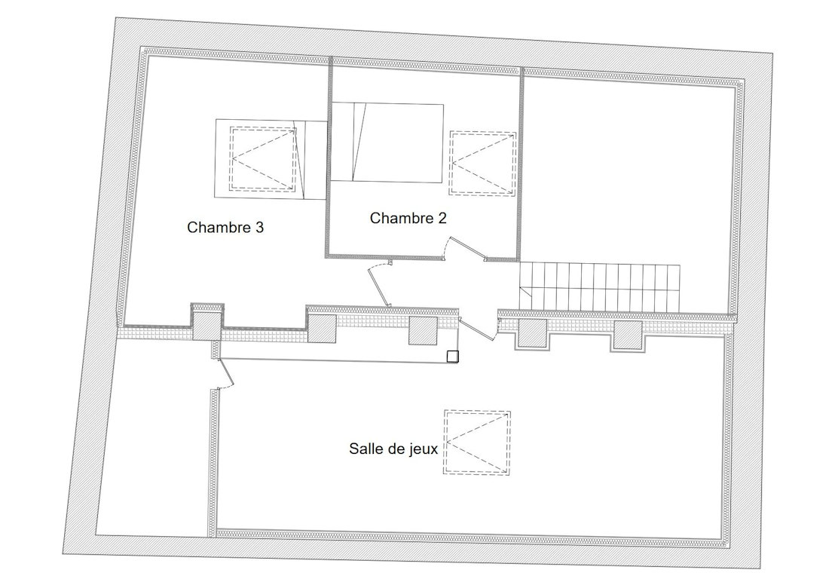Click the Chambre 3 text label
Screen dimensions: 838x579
225,227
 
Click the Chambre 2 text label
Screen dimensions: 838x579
408,218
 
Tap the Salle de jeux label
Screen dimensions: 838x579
393,449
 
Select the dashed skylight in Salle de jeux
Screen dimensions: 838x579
477,442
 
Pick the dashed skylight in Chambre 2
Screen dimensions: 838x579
482,163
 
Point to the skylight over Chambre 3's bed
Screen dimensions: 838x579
263,159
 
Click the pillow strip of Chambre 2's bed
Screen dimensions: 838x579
342,142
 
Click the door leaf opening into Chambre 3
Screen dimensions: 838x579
378,285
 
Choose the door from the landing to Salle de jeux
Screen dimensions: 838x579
477,328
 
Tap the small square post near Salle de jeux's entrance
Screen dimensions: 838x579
453,356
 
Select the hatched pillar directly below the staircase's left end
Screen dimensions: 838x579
533,334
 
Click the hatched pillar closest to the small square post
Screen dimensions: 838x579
424,330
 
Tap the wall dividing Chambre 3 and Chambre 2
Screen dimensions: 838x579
330,158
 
